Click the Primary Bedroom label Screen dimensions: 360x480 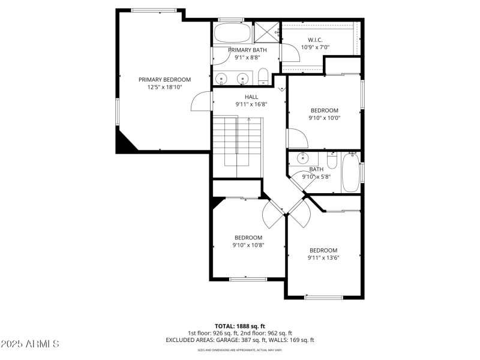click(x=164, y=79)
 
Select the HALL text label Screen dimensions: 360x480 click(x=251, y=97)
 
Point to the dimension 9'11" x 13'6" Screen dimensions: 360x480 click(x=323, y=258)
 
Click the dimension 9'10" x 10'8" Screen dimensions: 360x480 click(x=248, y=245)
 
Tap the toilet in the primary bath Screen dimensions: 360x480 click(x=263, y=77)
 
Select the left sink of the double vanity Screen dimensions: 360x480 click(x=221, y=78)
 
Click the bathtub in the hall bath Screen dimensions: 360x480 click(x=350, y=174)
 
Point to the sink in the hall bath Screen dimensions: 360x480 click(x=303, y=158)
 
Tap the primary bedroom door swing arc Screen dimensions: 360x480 click(x=201, y=102)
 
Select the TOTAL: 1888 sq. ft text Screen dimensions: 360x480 click(x=239, y=326)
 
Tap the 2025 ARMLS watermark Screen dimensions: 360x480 click(x=30, y=344)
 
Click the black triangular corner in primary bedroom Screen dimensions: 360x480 click(x=125, y=143)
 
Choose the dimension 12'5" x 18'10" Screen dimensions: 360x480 click(x=164, y=87)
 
